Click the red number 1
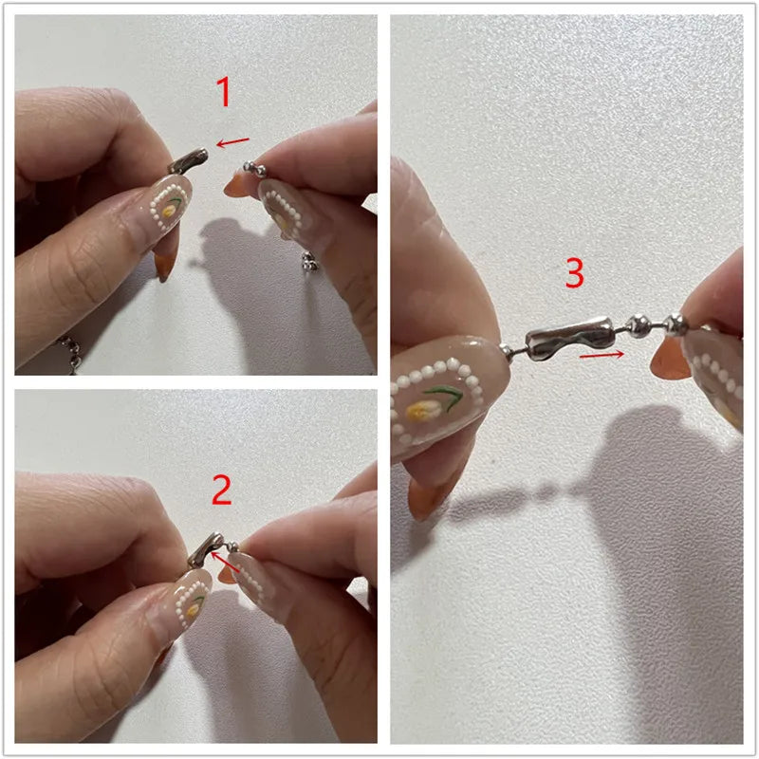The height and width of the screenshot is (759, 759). tap(224, 91)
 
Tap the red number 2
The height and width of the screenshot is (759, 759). tap(222, 490)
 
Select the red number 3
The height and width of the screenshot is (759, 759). tap(575, 272)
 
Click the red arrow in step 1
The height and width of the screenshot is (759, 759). tap(232, 142)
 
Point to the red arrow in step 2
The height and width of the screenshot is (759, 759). tap(225, 562)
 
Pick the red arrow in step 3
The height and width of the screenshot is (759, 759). tap(602, 355)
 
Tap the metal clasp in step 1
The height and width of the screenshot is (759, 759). tap(188, 161)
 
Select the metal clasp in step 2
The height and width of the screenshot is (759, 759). tap(206, 550)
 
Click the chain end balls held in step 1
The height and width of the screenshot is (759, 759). tap(254, 169)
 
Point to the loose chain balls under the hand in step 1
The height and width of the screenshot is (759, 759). tap(310, 262)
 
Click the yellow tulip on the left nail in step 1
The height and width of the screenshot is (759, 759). tap(169, 211)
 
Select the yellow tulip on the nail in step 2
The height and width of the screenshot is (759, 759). tap(194, 609)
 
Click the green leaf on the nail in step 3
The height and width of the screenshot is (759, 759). tap(445, 395)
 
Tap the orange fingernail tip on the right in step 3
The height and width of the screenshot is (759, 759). tap(670, 359)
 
